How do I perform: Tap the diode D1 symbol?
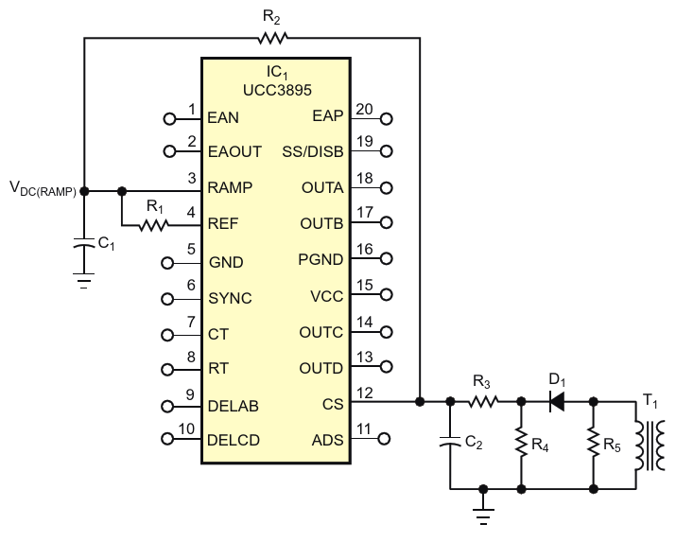tap(557, 402)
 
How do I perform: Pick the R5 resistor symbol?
tap(593, 441)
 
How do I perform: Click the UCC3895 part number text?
tap(276, 87)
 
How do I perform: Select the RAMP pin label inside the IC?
tap(230, 188)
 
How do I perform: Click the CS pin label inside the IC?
tap(325, 404)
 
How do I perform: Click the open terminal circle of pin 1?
tap(170, 119)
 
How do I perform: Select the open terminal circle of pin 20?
tap(386, 119)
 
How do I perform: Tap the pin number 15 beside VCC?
tap(363, 288)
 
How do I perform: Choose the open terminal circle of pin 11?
tap(386, 439)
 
